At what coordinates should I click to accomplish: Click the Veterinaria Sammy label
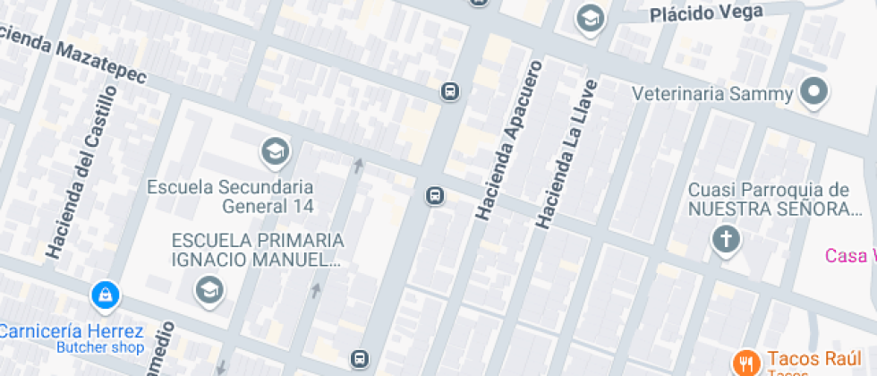click(712, 94)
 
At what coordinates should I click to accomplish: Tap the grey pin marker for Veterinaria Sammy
click(813, 91)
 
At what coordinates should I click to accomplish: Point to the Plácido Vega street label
click(706, 13)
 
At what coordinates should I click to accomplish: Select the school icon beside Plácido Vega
click(590, 18)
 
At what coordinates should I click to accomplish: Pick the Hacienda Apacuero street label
click(510, 141)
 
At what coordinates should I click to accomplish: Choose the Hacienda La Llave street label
click(566, 151)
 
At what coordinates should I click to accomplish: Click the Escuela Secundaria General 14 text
click(231, 196)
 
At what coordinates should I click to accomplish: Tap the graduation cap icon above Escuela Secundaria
click(275, 151)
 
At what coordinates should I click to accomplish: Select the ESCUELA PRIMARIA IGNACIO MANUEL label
click(258, 250)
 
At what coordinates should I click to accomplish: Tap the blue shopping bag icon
click(105, 294)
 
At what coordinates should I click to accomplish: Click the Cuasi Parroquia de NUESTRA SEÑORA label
click(767, 199)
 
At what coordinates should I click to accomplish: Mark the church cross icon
click(726, 239)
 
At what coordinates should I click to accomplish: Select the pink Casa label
click(849, 255)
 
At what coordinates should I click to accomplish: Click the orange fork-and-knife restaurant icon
click(745, 362)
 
